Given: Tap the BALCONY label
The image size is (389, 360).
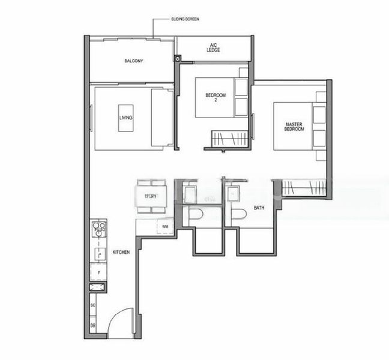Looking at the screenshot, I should pos(133,61).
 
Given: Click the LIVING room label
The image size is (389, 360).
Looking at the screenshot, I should pos(126,117).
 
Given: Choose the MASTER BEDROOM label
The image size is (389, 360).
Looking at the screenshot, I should pos(294,127).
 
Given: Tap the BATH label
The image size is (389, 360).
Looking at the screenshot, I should pos(259,208).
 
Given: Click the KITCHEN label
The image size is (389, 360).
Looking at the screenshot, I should pos(121,253).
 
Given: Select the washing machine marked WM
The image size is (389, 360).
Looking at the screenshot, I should pos(165,226).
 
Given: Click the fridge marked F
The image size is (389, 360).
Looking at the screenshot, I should pos(98,272).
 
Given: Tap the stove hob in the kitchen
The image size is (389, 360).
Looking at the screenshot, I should pos(99,228).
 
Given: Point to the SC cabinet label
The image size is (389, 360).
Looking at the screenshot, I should pos(93,305).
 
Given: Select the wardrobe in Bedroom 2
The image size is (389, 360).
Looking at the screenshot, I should pos(229,139).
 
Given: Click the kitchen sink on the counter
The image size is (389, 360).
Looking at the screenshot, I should pos(99,253).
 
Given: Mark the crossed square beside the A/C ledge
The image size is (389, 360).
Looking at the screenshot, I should pos(178,59).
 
